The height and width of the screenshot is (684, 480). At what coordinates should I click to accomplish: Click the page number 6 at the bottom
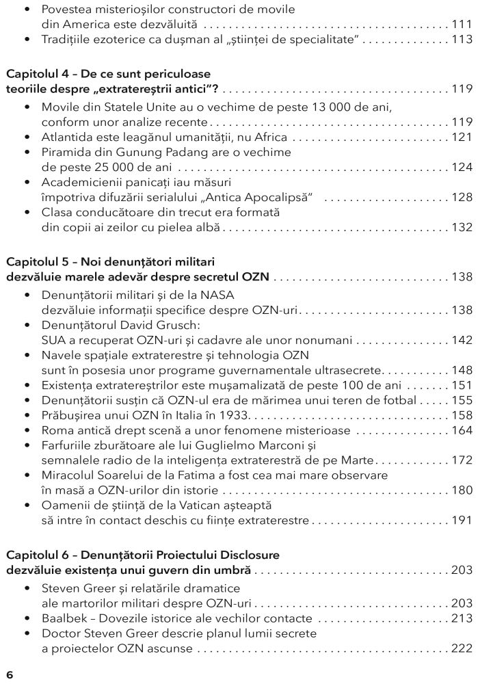click(10, 674)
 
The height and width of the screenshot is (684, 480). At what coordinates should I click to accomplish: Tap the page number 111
click(462, 24)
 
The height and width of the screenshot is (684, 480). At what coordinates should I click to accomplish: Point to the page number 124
click(462, 168)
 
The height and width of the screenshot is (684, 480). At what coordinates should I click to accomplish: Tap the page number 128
click(462, 198)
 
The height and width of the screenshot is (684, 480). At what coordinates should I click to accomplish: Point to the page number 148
click(462, 371)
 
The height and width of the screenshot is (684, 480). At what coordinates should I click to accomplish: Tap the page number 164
click(462, 431)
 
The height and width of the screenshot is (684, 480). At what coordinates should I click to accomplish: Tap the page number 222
click(462, 648)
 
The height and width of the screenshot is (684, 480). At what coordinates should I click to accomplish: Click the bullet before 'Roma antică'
click(27, 431)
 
